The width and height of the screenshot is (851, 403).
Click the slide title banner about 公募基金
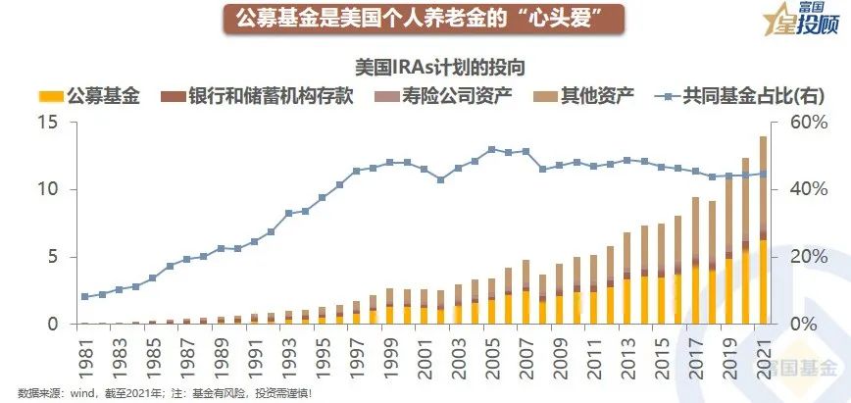click(x=425, y=19)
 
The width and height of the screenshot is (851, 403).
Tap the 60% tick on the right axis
click(x=805, y=123)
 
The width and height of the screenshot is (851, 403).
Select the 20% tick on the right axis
click(x=805, y=257)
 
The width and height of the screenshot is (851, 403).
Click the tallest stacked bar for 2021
click(x=763, y=235)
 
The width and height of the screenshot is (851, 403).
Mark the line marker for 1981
click(x=85, y=296)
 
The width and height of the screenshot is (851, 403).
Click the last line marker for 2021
click(x=763, y=174)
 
